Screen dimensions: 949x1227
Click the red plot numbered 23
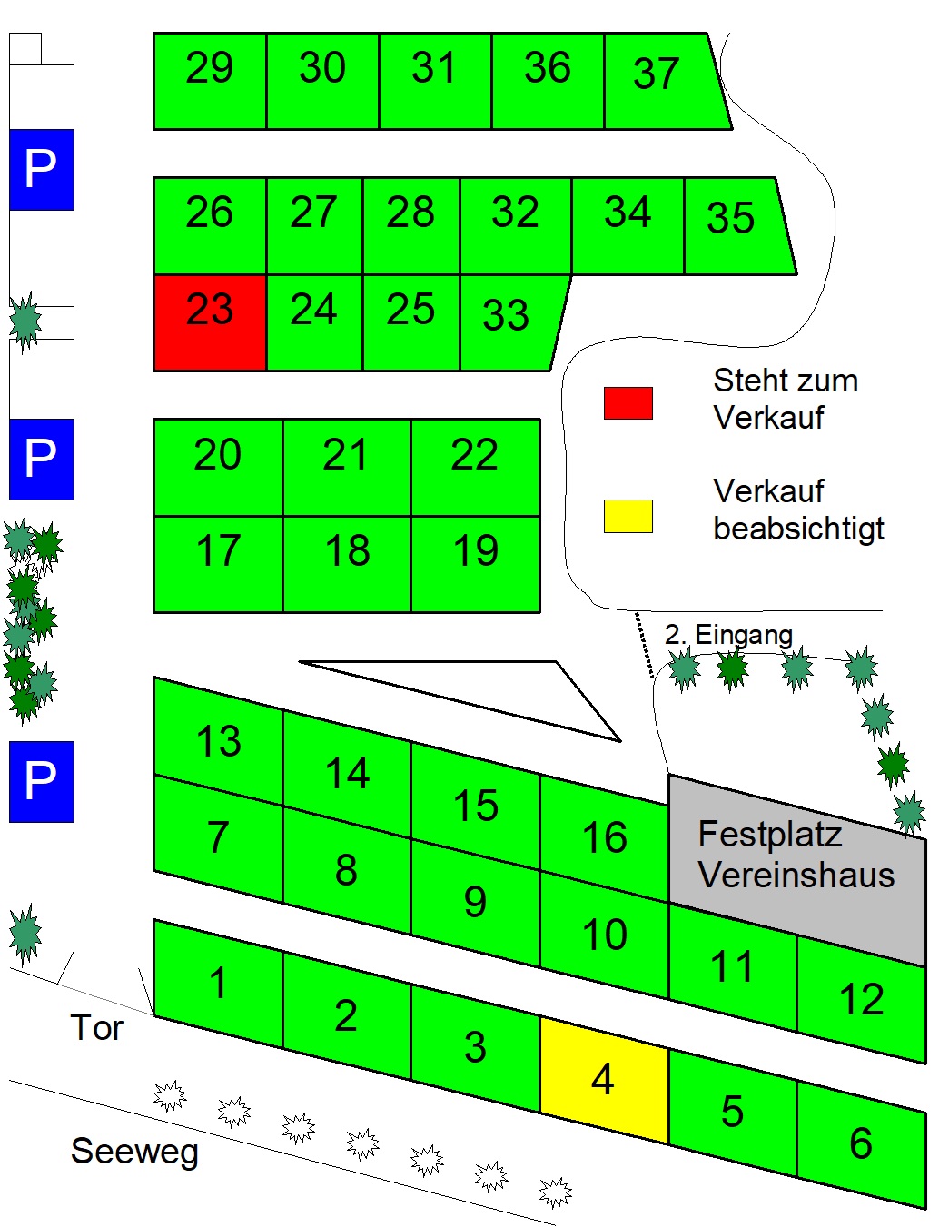pos(210,322)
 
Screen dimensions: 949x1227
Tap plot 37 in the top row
pos(662,81)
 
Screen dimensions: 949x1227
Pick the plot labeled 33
pos(511,322)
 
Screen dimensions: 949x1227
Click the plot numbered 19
pos(475,564)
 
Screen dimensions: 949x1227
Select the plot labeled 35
pos(736,226)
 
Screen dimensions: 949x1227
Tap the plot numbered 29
pos(210,81)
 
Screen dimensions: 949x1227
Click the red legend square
pos(628,403)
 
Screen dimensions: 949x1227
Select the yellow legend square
pos(628,516)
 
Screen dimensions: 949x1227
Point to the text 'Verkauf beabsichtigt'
pos(798,510)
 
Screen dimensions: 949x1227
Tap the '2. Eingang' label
pos(728,635)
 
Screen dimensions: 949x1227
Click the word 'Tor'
pos(96,1026)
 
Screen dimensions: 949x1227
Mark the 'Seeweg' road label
pos(134,1152)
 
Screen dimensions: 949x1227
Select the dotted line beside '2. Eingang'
pos(644,645)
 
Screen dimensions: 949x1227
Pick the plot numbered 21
pos(347,468)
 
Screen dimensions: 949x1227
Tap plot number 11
pos(733,966)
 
